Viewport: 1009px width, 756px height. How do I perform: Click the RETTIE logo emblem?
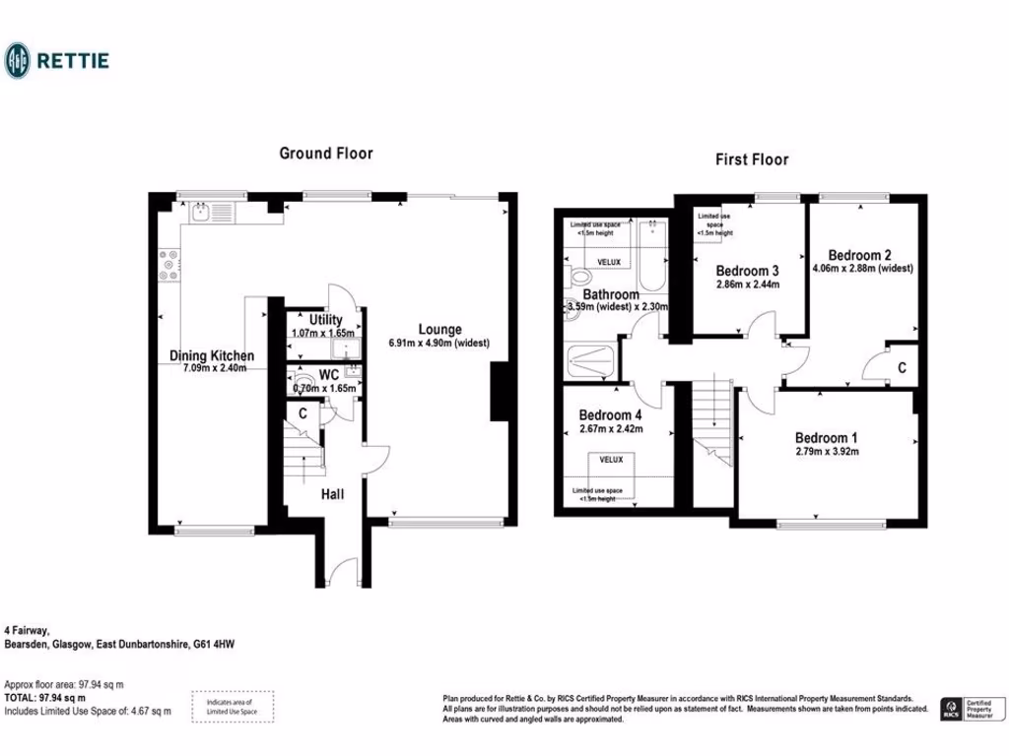pyautogui.click(x=18, y=60)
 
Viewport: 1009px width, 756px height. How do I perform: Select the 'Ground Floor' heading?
pyautogui.click(x=325, y=153)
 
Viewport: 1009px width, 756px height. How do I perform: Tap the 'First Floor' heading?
pyautogui.click(x=752, y=158)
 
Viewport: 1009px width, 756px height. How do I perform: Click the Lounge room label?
pyautogui.click(x=439, y=330)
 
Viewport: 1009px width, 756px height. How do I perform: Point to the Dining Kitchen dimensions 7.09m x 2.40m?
pyautogui.click(x=214, y=368)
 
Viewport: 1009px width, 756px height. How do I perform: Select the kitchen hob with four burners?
pyautogui.click(x=168, y=264)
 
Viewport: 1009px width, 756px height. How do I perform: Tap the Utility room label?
pyautogui.click(x=325, y=320)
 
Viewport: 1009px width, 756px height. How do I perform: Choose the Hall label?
pyautogui.click(x=331, y=494)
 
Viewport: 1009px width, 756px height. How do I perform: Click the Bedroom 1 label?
pyautogui.click(x=826, y=438)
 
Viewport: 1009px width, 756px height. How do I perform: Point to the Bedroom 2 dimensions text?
pyautogui.click(x=863, y=268)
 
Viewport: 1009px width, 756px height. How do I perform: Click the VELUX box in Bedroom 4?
pyautogui.click(x=611, y=459)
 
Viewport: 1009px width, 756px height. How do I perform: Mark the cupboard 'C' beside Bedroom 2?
pyautogui.click(x=902, y=368)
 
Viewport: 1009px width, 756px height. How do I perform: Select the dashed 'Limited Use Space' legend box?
pyautogui.click(x=233, y=706)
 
